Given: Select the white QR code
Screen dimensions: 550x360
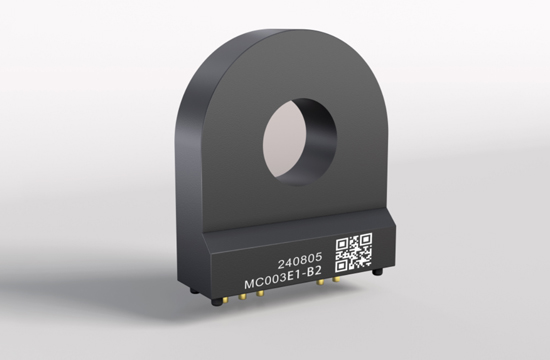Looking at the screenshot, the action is [x=354, y=252].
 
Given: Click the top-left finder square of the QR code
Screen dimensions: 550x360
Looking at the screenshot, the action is [x=342, y=245].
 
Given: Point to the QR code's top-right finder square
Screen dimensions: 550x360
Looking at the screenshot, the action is [x=365, y=239].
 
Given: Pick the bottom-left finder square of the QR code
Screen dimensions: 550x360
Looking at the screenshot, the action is [x=341, y=266].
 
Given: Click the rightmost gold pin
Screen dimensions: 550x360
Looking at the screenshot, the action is [x=336, y=280].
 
